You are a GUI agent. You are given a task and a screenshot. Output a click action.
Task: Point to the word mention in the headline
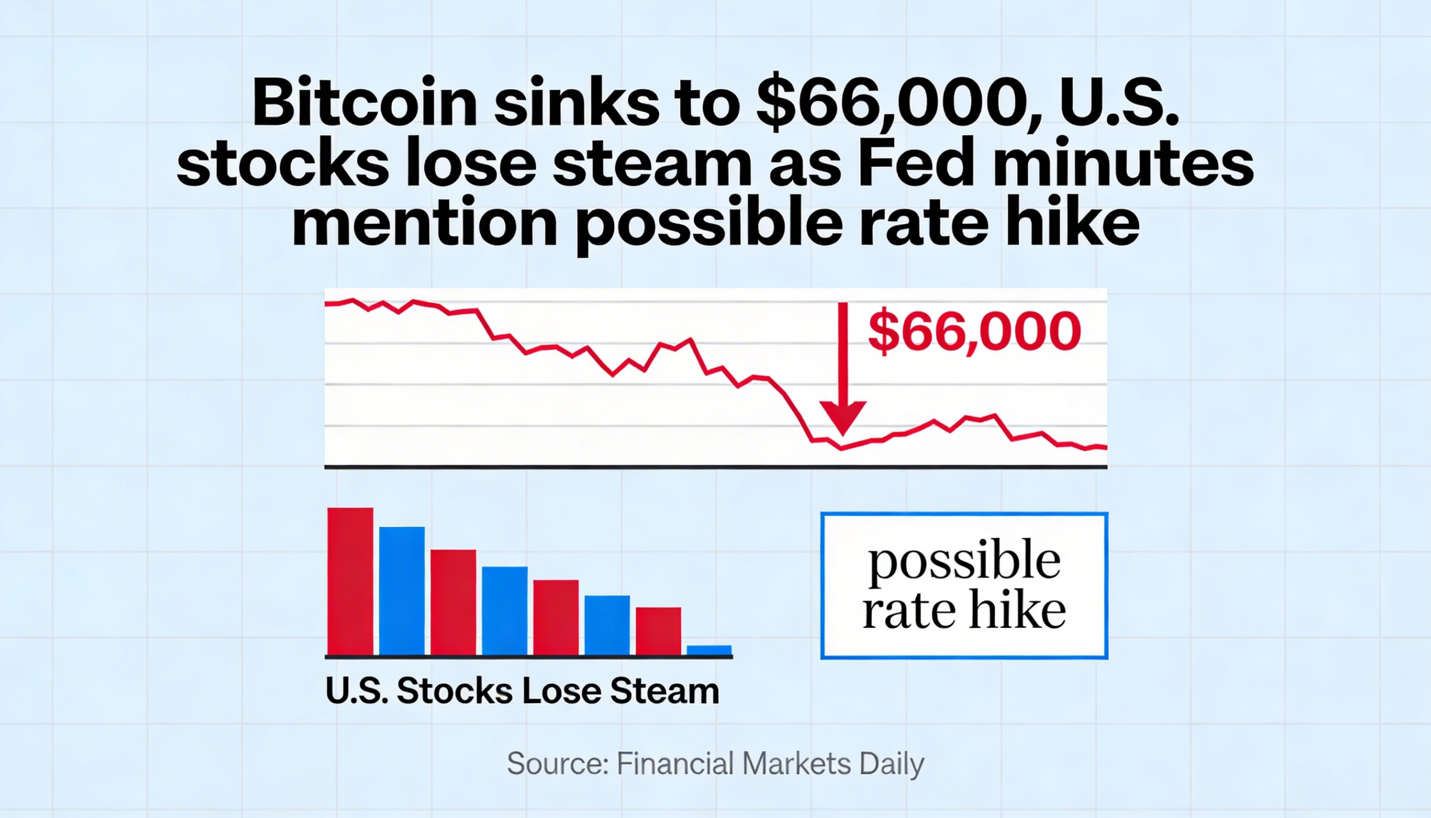(x=425, y=223)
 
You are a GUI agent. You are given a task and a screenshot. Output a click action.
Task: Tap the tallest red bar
(x=350, y=581)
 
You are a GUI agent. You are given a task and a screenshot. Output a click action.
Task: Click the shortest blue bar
(x=709, y=650)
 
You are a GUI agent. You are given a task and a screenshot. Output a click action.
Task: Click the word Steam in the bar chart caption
(x=665, y=691)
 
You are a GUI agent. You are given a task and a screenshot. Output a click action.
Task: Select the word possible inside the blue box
(x=964, y=562)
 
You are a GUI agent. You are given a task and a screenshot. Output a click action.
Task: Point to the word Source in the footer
(x=558, y=764)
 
